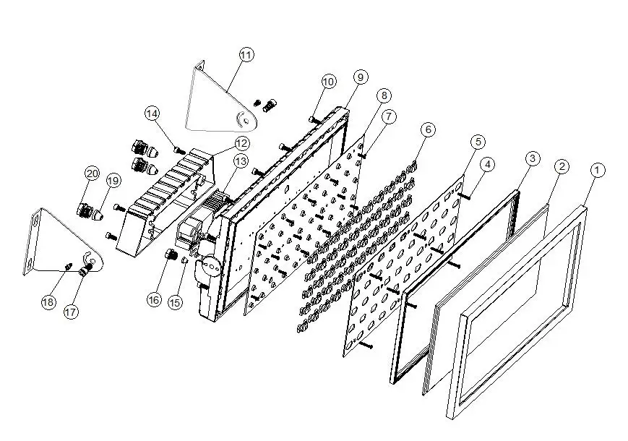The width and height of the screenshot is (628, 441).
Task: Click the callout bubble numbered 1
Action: pyautogui.click(x=597, y=171)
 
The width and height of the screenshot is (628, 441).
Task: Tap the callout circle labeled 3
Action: pyautogui.click(x=532, y=158)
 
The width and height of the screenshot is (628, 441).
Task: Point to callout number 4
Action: pyautogui.click(x=488, y=165)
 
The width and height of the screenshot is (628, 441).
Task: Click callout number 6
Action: pyautogui.click(x=428, y=129)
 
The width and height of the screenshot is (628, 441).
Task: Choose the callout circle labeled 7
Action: pyautogui.click(x=390, y=116)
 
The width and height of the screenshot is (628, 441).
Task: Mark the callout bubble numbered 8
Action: pyautogui.click(x=383, y=95)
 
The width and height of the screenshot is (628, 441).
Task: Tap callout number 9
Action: pyautogui.click(x=360, y=77)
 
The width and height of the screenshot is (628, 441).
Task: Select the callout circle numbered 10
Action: pyautogui.click(x=329, y=82)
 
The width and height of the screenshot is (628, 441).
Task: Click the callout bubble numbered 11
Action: pyautogui.click(x=246, y=55)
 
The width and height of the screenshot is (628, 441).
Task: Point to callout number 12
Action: pyautogui.click(x=241, y=143)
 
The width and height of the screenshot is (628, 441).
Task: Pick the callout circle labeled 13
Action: pyautogui.click(x=240, y=160)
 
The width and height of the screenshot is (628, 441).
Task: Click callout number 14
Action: pyautogui.click(x=152, y=114)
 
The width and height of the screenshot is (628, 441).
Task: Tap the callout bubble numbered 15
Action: pyautogui.click(x=175, y=304)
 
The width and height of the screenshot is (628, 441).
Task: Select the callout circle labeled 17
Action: pyautogui.click(x=70, y=312)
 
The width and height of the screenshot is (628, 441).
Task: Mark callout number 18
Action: pyautogui.click(x=48, y=301)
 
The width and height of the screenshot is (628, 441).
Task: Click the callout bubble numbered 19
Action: pyautogui.click(x=113, y=180)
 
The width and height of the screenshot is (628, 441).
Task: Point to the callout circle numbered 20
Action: pyautogui.click(x=92, y=174)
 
